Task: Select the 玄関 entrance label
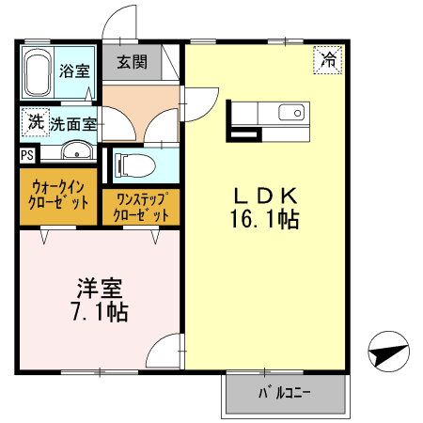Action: pos(131,63)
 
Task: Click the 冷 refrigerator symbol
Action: pos(328,59)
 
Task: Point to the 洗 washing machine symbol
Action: pos(35,121)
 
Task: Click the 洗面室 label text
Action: pos(73,123)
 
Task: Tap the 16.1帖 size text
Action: pos(265,221)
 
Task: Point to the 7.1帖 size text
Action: pos(98,311)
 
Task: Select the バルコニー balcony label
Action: pos(285,392)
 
